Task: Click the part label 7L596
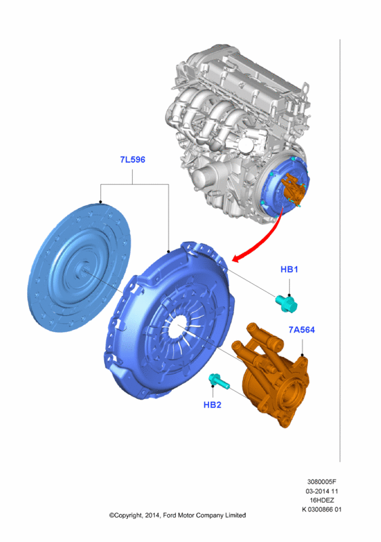click(x=132, y=160)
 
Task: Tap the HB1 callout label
click(x=289, y=269)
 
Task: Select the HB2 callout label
click(x=212, y=404)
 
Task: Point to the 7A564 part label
click(x=302, y=330)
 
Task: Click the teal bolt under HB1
click(x=286, y=304)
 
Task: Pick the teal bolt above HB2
click(x=219, y=381)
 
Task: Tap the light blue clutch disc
click(x=79, y=267)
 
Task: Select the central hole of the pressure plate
click(x=177, y=329)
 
